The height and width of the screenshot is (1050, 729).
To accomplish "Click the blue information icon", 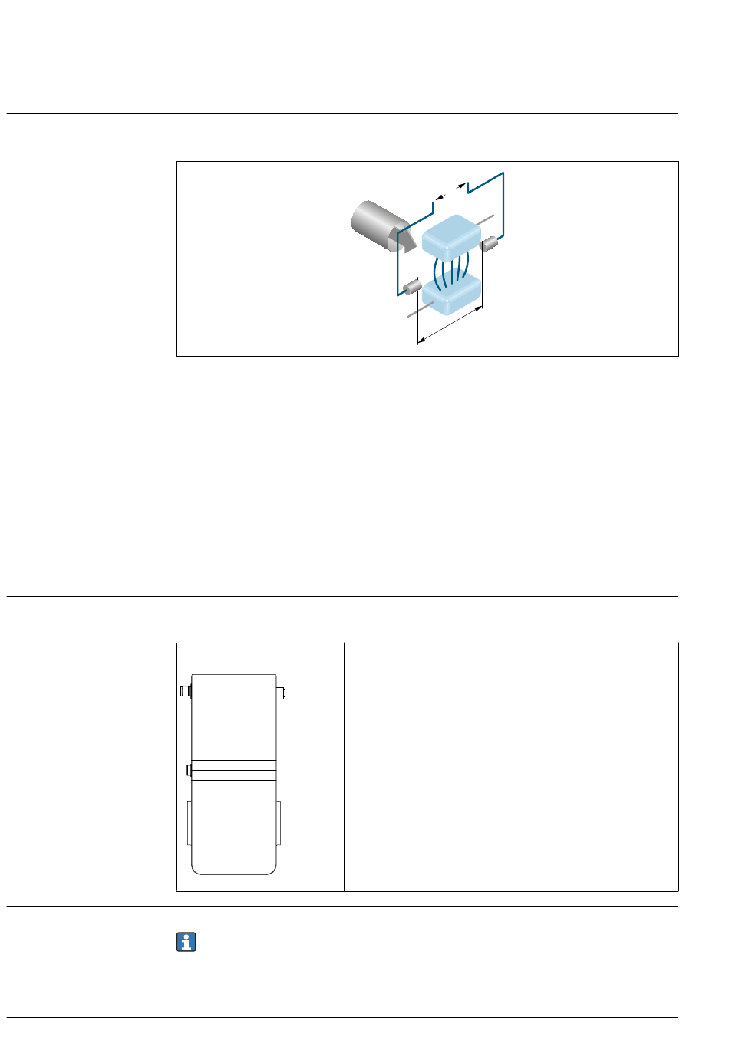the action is coord(186,942).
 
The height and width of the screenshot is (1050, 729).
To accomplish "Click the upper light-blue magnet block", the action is coord(451,237).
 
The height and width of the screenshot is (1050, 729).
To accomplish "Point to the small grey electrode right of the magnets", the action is coord(490,244).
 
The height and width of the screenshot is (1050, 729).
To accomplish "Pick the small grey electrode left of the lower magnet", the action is coord(412,288).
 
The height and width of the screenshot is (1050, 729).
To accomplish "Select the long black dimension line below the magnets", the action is coord(450,327).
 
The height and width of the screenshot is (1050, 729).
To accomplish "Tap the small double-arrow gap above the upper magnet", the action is coord(450,191).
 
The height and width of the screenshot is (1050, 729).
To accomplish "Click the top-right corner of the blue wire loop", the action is coord(503,173).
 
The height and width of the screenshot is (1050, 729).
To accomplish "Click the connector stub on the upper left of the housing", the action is coord(185,691).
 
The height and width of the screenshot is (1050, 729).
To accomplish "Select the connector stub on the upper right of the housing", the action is coord(281,693).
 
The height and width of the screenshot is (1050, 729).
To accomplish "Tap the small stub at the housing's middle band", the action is coord(189,769).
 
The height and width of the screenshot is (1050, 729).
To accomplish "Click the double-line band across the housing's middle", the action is coord(234,770).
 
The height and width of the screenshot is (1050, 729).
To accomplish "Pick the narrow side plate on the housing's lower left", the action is coord(189,823).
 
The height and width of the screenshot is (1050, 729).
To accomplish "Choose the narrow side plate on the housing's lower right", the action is coord(279,823).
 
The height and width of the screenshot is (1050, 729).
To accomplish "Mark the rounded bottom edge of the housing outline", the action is coord(234,874).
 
